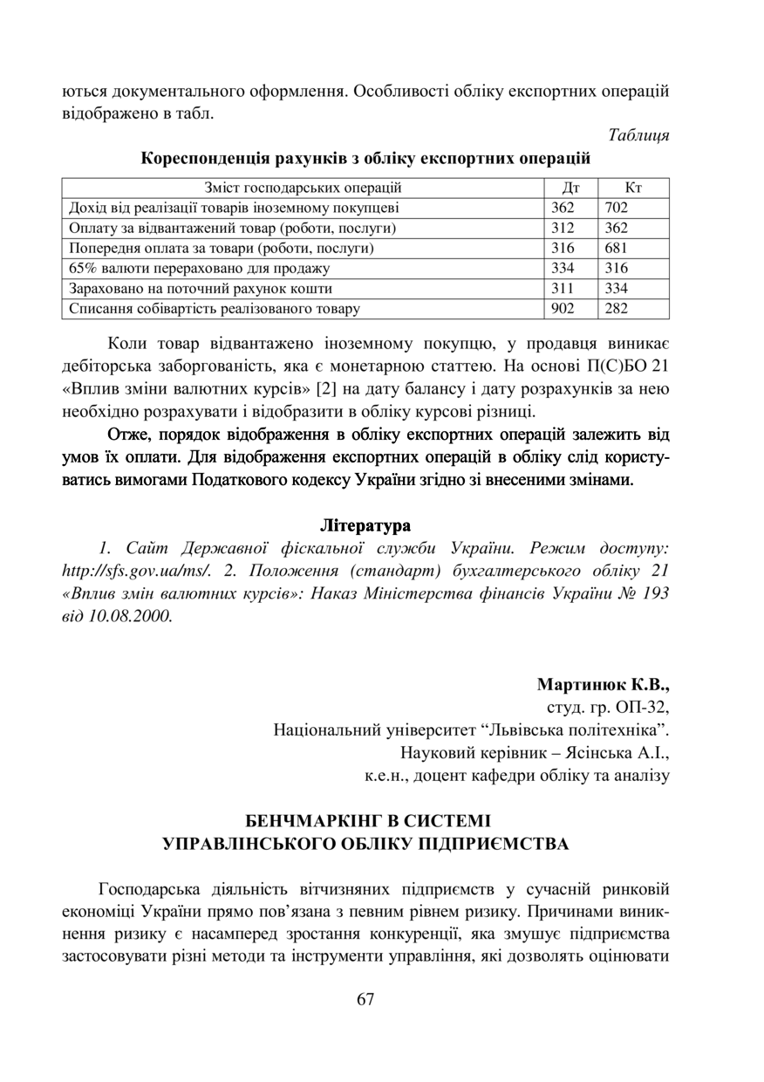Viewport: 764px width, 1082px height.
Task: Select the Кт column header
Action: (634, 188)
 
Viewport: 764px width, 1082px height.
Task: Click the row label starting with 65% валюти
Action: (200, 268)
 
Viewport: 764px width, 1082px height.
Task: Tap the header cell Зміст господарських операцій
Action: (303, 188)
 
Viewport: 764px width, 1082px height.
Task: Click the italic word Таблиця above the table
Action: (638, 135)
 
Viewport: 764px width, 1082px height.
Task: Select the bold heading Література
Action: (365, 526)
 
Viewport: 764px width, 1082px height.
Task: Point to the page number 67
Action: (365, 1000)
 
